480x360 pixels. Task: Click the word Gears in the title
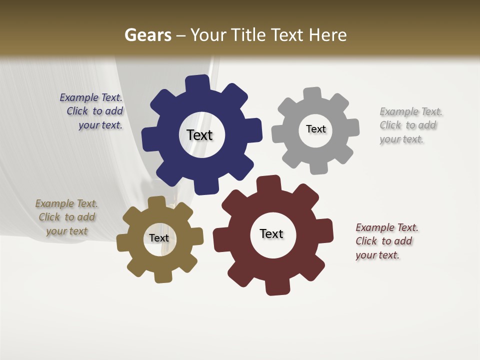147,35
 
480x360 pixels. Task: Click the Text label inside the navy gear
199,135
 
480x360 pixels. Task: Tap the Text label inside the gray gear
315,129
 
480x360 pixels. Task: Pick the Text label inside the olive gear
158,238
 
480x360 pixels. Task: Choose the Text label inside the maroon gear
271,233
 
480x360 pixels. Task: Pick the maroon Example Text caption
386,241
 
